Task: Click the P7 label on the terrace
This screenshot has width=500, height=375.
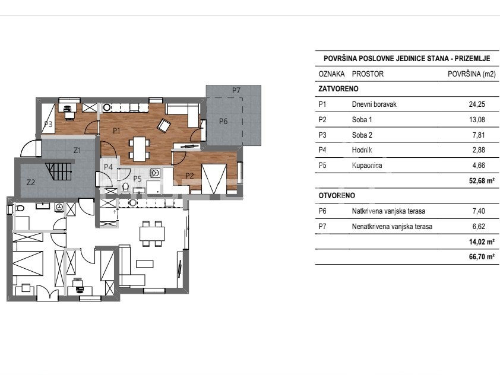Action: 236,90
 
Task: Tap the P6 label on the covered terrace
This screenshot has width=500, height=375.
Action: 223,121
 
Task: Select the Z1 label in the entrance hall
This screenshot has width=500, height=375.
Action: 77,150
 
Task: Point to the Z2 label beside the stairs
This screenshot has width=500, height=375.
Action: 31,182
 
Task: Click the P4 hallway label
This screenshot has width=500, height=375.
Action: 108,167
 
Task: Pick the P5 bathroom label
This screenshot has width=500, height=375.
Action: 137,179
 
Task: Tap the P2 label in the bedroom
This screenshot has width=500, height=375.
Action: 189,176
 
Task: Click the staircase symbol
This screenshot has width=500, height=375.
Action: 59,171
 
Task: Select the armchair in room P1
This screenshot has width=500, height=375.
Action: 164,125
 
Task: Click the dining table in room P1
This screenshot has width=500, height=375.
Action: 140,148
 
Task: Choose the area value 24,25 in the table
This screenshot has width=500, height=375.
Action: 477,104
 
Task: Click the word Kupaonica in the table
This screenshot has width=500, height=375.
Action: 367,166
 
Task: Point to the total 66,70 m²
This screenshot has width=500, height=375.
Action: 482,257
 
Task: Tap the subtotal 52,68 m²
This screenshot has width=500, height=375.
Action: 482,180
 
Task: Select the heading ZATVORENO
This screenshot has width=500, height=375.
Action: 338,89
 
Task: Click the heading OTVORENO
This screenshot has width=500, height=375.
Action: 337,196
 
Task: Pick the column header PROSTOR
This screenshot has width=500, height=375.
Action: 368,74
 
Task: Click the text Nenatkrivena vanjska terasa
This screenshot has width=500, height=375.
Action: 392,227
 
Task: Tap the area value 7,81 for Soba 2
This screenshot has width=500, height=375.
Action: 479,135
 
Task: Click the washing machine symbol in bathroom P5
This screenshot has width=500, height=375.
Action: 156,173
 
